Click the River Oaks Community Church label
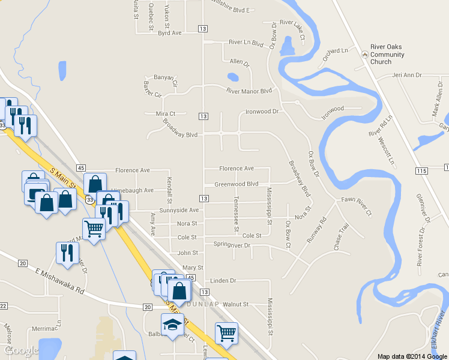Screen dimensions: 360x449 (387, 55)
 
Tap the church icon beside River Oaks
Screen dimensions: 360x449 (364, 55)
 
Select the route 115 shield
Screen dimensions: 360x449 (421, 171)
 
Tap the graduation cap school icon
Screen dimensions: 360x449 (173, 325)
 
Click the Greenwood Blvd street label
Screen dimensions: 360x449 (237, 184)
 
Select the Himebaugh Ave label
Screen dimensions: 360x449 (133, 190)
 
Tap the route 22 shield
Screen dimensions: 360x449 (2, 306)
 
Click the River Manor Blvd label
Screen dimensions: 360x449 (249, 91)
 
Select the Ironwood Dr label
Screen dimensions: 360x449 (262, 112)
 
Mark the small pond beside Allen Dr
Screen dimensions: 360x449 (232, 77)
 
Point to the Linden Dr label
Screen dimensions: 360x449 (224, 280)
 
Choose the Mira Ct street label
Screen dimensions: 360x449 (165, 113)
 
